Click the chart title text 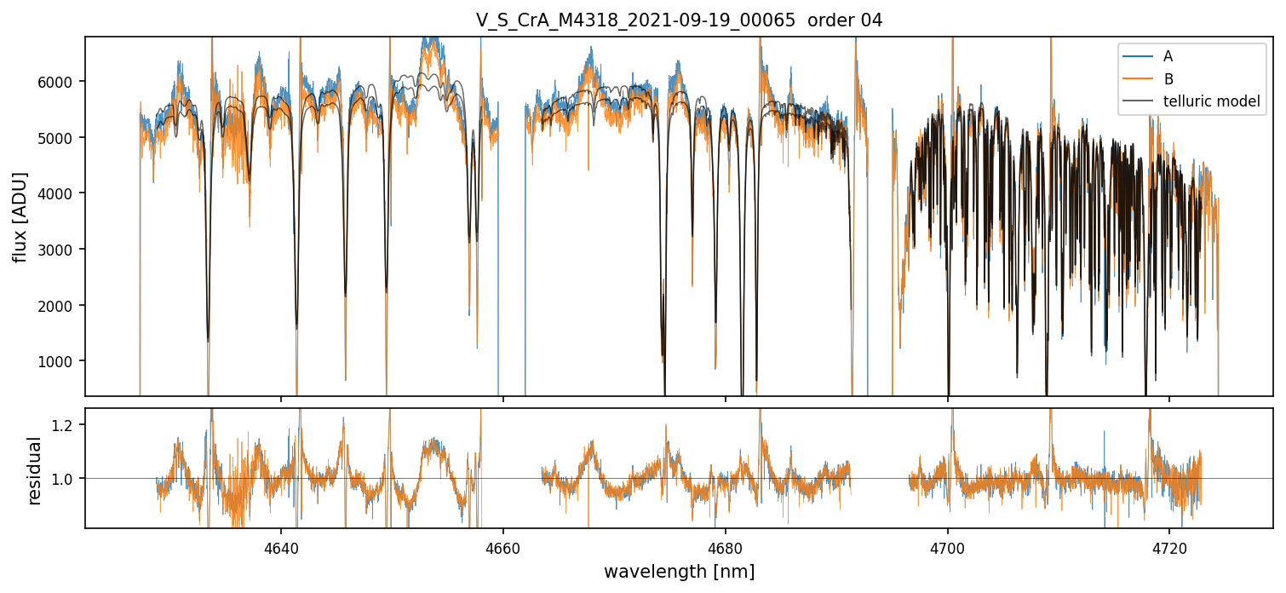coord(679,20)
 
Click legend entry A coord(1168,56)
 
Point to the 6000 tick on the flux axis coord(60,82)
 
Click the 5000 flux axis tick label coord(60,138)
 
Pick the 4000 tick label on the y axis coord(60,193)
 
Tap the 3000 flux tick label coord(60,250)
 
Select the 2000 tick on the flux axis coord(60,306)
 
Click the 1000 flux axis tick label coord(60,361)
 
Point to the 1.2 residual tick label coord(67,424)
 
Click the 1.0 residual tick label coord(67,479)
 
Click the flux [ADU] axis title coord(20,216)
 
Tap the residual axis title coord(35,469)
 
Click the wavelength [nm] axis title coord(679,571)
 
